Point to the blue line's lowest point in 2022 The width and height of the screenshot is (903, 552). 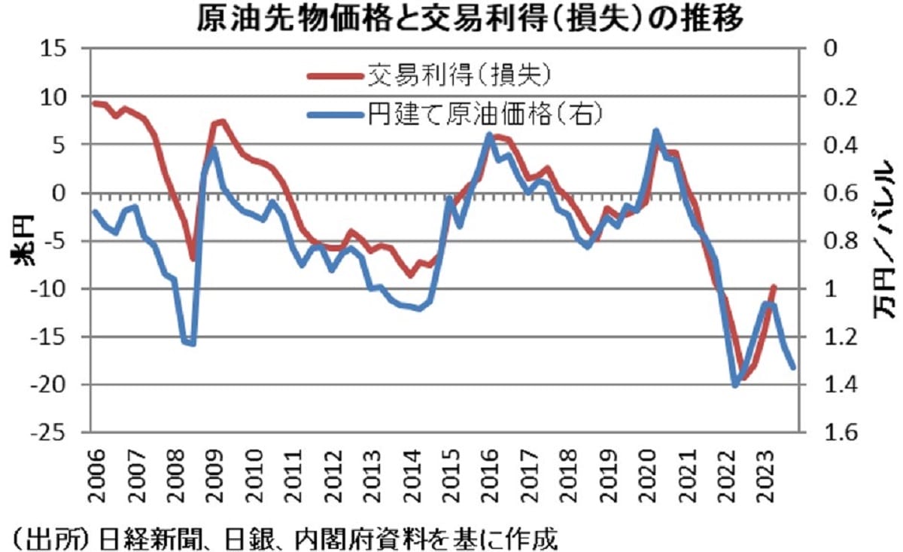click(735, 386)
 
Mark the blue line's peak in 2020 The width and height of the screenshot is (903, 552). click(655, 131)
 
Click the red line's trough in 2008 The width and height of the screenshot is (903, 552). click(193, 259)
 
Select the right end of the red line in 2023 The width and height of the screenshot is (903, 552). click(774, 287)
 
